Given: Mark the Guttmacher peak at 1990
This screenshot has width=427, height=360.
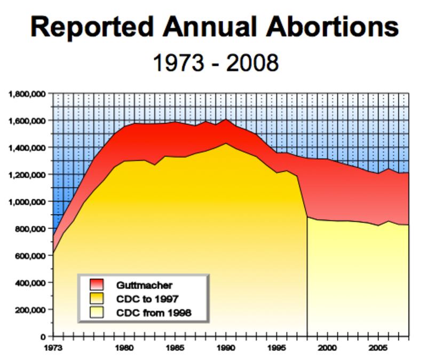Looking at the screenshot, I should pos(226,119).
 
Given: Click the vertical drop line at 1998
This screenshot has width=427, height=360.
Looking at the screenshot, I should pos(307,278).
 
